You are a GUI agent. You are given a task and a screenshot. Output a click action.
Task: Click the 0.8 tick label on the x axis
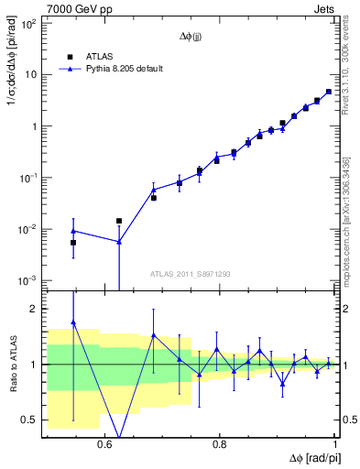tap(220, 443)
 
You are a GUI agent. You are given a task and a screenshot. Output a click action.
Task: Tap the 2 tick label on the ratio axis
tap(33, 309)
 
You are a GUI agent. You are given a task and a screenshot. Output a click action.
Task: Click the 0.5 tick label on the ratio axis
tap(28, 420)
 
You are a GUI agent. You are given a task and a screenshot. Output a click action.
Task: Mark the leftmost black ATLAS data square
tap(73, 242)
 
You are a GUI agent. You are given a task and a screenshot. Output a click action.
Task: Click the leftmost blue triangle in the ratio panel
tap(73, 322)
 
